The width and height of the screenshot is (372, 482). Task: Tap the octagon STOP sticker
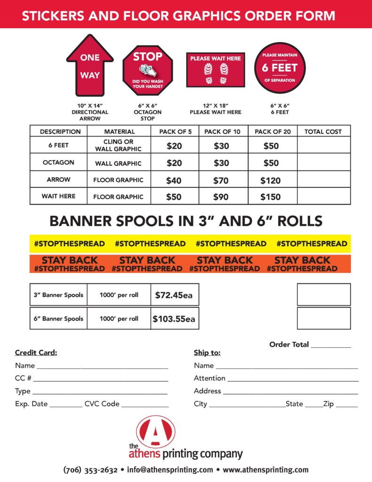[148, 70]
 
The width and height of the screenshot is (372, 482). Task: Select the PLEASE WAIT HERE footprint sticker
[215, 70]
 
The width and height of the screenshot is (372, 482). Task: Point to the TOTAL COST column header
[323, 132]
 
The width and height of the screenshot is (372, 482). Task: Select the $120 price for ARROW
[270, 180]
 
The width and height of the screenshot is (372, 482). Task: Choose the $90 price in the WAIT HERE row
[221, 197]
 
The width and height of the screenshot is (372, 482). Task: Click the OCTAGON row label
[58, 162]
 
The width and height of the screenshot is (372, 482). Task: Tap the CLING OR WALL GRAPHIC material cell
[119, 145]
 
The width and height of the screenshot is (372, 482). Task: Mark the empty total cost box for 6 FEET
[324, 145]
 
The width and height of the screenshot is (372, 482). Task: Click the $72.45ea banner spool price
[174, 296]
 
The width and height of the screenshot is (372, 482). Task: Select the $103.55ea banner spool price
[174, 319]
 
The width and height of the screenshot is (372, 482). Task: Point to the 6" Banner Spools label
[58, 319]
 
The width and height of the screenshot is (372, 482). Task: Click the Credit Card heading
[36, 353]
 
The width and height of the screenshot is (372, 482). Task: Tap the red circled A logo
[156, 432]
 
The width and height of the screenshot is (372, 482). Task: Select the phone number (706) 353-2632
[90, 470]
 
